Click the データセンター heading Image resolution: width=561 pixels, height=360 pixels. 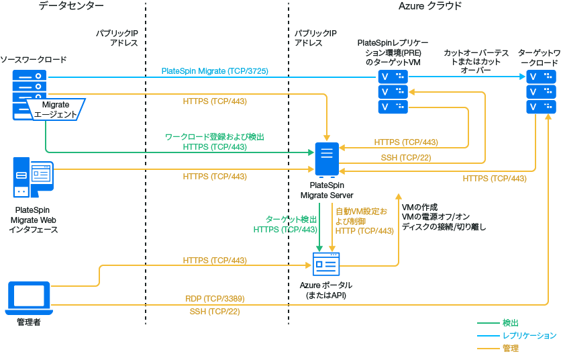pos(71,6)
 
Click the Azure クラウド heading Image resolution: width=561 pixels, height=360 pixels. pos(430,6)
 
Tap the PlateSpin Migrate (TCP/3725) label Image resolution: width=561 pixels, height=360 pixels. pos(215,71)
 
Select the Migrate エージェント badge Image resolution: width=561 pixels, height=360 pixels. pos(56,109)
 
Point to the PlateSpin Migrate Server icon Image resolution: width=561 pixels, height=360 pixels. pos(327,160)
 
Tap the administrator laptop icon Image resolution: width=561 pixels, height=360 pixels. pos(28,298)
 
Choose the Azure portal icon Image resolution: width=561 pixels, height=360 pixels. pos(327,264)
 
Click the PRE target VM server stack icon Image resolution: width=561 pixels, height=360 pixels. pos(393,92)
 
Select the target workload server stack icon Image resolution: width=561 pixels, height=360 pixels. pos(541,92)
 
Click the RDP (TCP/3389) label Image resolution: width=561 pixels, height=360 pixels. pos(215,298)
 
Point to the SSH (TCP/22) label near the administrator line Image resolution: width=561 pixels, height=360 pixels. pos(215,312)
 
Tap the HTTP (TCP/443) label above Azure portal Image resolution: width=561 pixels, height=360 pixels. pos(364,230)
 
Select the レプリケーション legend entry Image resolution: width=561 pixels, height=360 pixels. pos(529,336)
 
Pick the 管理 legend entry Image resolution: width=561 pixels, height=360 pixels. pos(510,349)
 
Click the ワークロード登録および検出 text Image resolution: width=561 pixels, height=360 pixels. pos(215,137)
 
